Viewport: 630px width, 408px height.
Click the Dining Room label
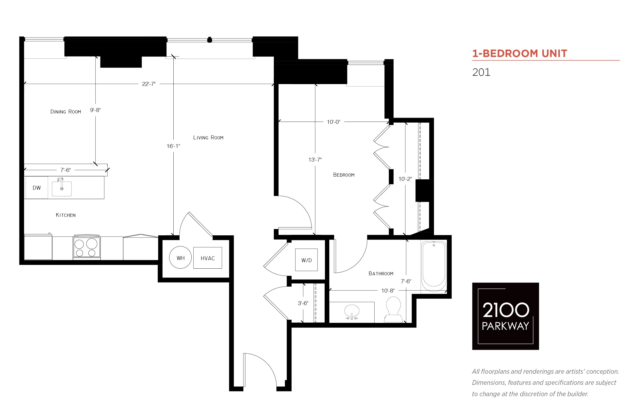pyautogui.click(x=66, y=111)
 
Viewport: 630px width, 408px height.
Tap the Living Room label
pyautogui.click(x=208, y=137)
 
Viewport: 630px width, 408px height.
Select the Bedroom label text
pyautogui.click(x=344, y=175)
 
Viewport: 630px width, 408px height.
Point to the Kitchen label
pyautogui.click(x=66, y=215)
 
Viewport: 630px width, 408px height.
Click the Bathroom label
pyautogui.click(x=381, y=273)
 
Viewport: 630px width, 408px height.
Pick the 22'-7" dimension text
pyautogui.click(x=149, y=84)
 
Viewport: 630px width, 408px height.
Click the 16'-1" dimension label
pyautogui.click(x=173, y=146)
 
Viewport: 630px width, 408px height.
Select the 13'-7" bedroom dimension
pyautogui.click(x=315, y=160)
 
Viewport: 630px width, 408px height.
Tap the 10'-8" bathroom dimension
pyautogui.click(x=388, y=291)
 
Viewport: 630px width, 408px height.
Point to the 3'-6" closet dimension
pyautogui.click(x=303, y=303)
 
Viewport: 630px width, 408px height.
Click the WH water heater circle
pyautogui.click(x=180, y=258)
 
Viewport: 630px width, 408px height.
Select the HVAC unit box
pyautogui.click(x=208, y=258)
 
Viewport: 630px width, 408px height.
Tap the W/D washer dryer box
pyautogui.click(x=306, y=260)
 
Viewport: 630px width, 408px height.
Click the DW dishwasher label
pyautogui.click(x=36, y=188)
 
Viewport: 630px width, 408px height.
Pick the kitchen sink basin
pyautogui.click(x=62, y=189)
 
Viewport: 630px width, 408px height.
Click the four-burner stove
pyautogui.click(x=86, y=247)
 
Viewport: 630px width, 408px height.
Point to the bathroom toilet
pyautogui.click(x=393, y=309)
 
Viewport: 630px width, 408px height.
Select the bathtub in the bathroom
pyautogui.click(x=433, y=266)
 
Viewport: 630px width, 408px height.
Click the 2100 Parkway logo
pyautogui.click(x=505, y=316)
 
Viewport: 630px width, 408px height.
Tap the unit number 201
pyautogui.click(x=481, y=72)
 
